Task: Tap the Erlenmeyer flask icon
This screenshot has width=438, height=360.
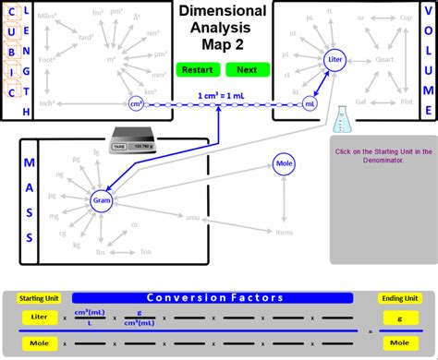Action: point(344,118)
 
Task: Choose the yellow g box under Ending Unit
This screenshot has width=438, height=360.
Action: point(401,317)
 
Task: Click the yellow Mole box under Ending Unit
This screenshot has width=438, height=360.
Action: point(401,342)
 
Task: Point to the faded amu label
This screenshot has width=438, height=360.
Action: point(193,217)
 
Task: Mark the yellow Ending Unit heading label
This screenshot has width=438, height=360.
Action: point(401,298)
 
